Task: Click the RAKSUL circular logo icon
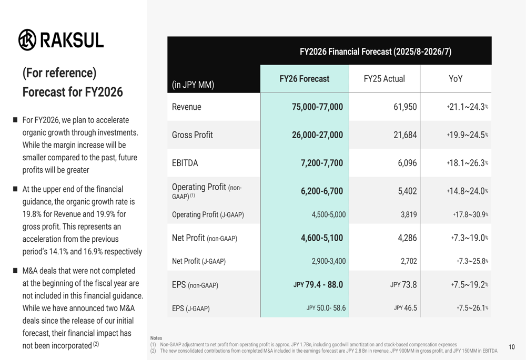pyautogui.click(x=27, y=40)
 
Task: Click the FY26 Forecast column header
pyautogui.click(x=305, y=79)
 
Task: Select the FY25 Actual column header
pyautogui.click(x=385, y=79)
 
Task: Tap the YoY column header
pyautogui.click(x=456, y=79)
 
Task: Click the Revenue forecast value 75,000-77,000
pyautogui.click(x=317, y=107)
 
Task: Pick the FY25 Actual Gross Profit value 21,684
pyautogui.click(x=405, y=135)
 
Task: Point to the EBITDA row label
pyautogui.click(x=185, y=163)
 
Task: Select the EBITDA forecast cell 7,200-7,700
pyautogui.click(x=321, y=163)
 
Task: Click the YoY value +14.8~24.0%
pyautogui.click(x=467, y=191)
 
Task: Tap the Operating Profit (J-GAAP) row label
pyautogui.click(x=208, y=214)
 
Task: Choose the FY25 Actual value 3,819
pyautogui.click(x=408, y=214)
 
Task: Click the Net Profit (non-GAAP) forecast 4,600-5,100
pyautogui.click(x=321, y=238)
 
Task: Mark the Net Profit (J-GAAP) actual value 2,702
pyautogui.click(x=408, y=261)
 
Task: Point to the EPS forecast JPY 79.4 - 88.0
pyautogui.click(x=318, y=285)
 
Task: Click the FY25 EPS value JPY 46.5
pyautogui.click(x=405, y=308)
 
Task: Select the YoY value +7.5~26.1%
pyautogui.click(x=472, y=308)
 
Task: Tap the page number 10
pyautogui.click(x=512, y=347)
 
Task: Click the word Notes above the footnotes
pyautogui.click(x=156, y=338)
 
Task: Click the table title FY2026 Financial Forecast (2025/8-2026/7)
pyautogui.click(x=376, y=52)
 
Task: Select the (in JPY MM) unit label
pyautogui.click(x=193, y=85)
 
